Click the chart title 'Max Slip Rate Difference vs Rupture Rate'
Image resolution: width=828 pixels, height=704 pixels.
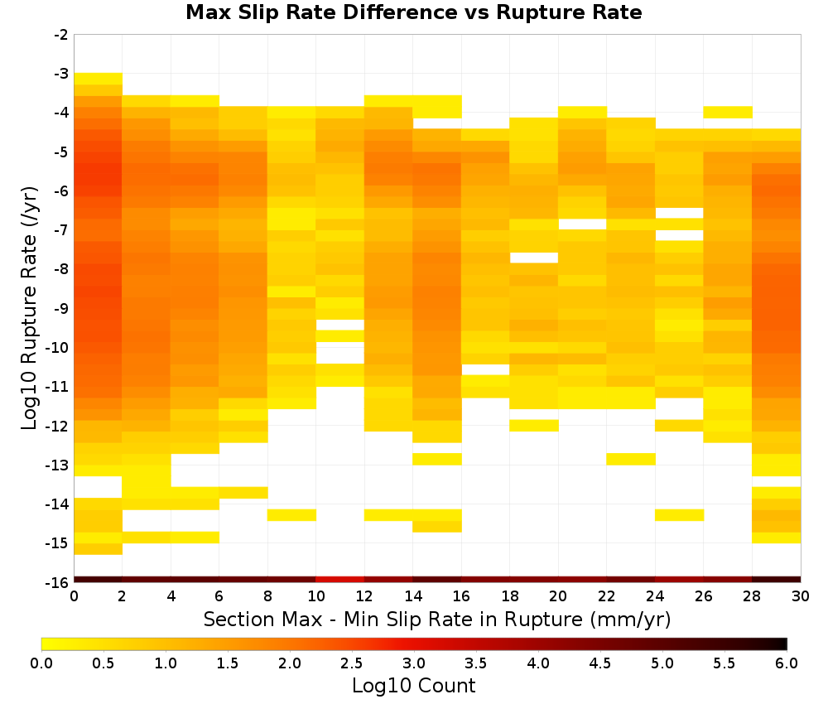coord(414,12)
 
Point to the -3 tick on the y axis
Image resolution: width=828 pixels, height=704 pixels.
coord(61,74)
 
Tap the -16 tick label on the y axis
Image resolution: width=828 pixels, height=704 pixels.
coord(58,582)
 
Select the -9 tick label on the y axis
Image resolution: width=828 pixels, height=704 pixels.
coord(61,308)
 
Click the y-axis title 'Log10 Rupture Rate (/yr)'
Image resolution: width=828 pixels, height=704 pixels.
coord(30,308)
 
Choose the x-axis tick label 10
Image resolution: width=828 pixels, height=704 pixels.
coord(315,597)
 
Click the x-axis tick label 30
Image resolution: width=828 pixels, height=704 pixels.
coord(801,597)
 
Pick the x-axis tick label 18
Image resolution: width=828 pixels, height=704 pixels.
coord(509,597)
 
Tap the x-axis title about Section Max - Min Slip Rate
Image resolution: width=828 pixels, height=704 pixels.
coord(437,620)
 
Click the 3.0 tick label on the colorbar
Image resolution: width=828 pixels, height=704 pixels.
coord(414,663)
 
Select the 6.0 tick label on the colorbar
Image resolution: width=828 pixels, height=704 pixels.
coord(787,663)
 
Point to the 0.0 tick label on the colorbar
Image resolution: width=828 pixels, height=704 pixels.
coord(41,663)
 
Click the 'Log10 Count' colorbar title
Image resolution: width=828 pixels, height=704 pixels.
coord(414,686)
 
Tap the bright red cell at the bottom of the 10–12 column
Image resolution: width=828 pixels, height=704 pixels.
coord(340,580)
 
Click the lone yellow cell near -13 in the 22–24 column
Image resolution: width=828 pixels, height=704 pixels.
coord(631,459)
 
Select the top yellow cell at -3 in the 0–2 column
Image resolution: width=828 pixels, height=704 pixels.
coord(99,79)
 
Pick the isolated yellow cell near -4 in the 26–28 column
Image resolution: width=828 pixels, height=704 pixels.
coord(728,112)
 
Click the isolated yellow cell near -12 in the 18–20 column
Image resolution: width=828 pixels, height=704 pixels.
coord(534,425)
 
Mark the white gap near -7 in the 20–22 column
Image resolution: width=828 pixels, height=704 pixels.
coord(582,224)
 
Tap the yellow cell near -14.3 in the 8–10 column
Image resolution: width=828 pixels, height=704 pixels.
coord(292,515)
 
